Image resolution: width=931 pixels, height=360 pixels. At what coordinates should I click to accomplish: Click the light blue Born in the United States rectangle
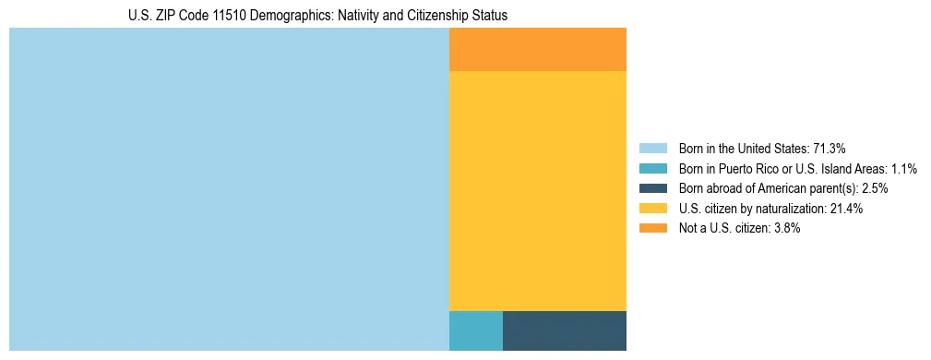tap(229, 189)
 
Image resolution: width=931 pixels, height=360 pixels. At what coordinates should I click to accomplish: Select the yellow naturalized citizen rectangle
tap(537, 191)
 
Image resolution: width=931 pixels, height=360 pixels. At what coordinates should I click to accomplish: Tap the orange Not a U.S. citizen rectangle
tap(537, 49)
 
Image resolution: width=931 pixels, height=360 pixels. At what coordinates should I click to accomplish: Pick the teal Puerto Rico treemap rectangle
tap(475, 330)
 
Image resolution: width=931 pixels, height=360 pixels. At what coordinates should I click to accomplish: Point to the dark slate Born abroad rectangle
tap(564, 330)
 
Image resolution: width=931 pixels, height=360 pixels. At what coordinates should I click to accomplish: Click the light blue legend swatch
tap(652, 149)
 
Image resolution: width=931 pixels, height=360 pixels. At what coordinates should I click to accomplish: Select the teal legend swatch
tap(652, 169)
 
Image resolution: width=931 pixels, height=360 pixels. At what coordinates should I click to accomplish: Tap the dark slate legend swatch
tap(652, 188)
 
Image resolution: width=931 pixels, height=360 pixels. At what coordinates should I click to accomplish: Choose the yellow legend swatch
tap(652, 209)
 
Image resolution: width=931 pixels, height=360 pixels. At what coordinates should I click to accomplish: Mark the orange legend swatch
tap(652, 228)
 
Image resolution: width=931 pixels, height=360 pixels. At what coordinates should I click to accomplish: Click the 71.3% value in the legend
tap(830, 149)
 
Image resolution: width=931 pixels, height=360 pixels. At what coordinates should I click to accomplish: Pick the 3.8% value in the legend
tap(783, 228)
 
